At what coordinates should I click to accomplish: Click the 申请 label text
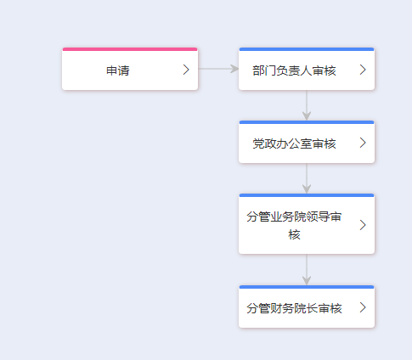[118, 70]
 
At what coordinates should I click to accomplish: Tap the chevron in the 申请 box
[186, 70]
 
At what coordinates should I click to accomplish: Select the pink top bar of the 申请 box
[130, 49]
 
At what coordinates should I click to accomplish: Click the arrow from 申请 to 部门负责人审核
[218, 69]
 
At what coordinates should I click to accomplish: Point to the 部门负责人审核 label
[294, 70]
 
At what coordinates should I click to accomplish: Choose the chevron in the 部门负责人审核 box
[363, 70]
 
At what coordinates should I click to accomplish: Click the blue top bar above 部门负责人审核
[307, 49]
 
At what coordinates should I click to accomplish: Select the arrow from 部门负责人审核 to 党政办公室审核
[307, 105]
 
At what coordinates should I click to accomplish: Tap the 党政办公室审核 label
[294, 143]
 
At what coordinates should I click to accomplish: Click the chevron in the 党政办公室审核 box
[363, 143]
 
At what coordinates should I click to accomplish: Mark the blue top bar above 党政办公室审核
[307, 122]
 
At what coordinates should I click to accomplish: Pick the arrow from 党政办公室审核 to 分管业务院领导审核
[307, 178]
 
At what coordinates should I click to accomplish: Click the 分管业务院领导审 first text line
[294, 217]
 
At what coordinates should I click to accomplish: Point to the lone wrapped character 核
[294, 234]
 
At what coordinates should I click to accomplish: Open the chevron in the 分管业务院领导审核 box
[363, 225]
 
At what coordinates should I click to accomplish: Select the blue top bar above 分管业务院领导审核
[307, 195]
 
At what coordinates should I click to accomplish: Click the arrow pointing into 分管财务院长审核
[307, 269]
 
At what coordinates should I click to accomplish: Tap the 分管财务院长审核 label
[294, 308]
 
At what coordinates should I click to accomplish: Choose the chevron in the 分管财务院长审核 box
[363, 307]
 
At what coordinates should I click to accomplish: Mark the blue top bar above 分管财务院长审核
[307, 287]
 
